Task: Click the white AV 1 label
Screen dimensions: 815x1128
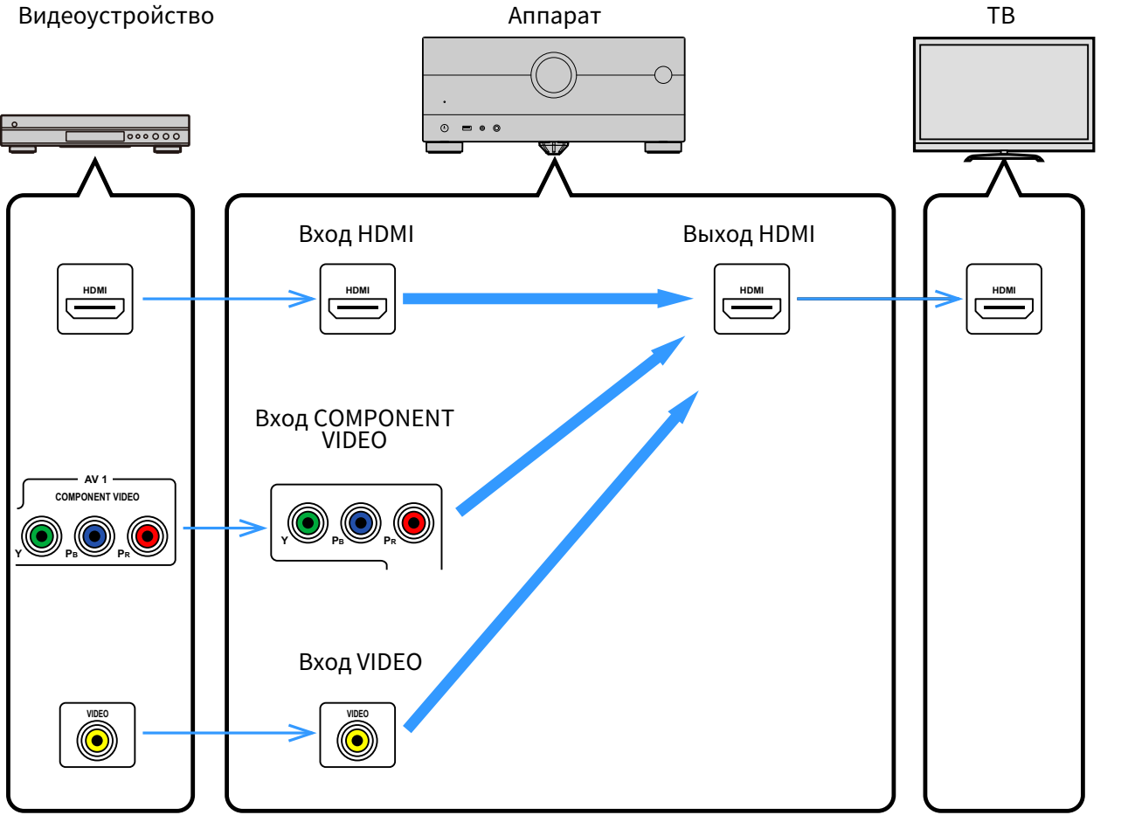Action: [95, 479]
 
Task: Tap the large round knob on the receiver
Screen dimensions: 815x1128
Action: [553, 75]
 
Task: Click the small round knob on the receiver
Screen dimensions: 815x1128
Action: [663, 75]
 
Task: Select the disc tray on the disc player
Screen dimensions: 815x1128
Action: [95, 136]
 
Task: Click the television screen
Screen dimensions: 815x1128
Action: [1004, 91]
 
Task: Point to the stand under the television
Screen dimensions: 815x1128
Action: [1004, 155]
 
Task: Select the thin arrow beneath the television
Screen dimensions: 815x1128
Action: [879, 299]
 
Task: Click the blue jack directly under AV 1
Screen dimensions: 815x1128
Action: [94, 536]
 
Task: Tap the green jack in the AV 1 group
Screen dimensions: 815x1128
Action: [42, 536]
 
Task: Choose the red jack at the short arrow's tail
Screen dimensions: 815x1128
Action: [148, 536]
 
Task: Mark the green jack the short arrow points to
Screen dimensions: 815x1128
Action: [308, 523]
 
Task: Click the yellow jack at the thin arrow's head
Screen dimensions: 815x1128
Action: [357, 741]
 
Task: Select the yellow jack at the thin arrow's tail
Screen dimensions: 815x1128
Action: [97, 741]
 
